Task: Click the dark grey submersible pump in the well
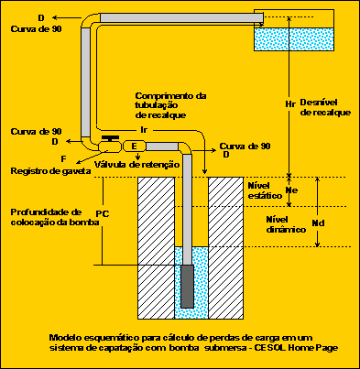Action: pyautogui.click(x=187, y=286)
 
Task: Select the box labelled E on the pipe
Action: pyautogui.click(x=134, y=146)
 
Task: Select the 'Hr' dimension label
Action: pyautogui.click(x=290, y=103)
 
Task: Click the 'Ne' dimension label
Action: pyautogui.click(x=292, y=190)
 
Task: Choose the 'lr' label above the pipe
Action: pyautogui.click(x=144, y=131)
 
